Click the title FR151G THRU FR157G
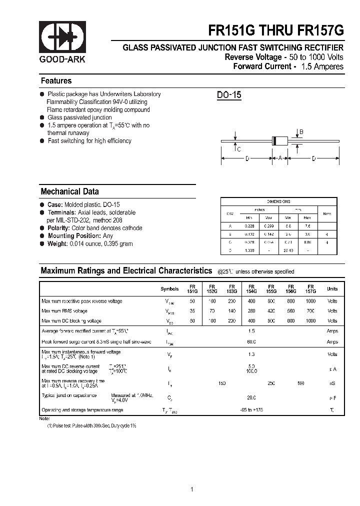[276, 31]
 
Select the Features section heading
[56, 81]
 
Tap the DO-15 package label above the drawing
[229, 95]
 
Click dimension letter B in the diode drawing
[301, 132]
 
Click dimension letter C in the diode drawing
[238, 149]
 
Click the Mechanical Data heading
[69, 191]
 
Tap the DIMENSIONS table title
[278, 201]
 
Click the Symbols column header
[169, 289]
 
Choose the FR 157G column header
[310, 288]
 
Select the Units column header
[332, 289]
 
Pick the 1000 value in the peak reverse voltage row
[310, 301]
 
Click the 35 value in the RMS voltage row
[192, 311]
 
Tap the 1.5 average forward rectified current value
[251, 331]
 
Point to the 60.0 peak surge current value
[251, 342]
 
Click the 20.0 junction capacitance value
[251, 397]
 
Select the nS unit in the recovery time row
[332, 383]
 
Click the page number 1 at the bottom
[192, 475]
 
